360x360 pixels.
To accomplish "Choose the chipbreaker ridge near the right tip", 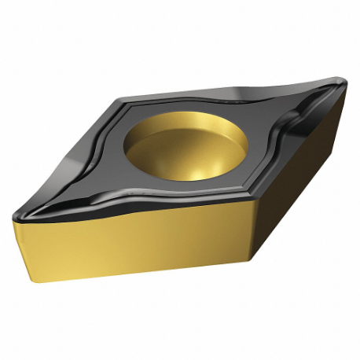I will click(303, 118).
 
